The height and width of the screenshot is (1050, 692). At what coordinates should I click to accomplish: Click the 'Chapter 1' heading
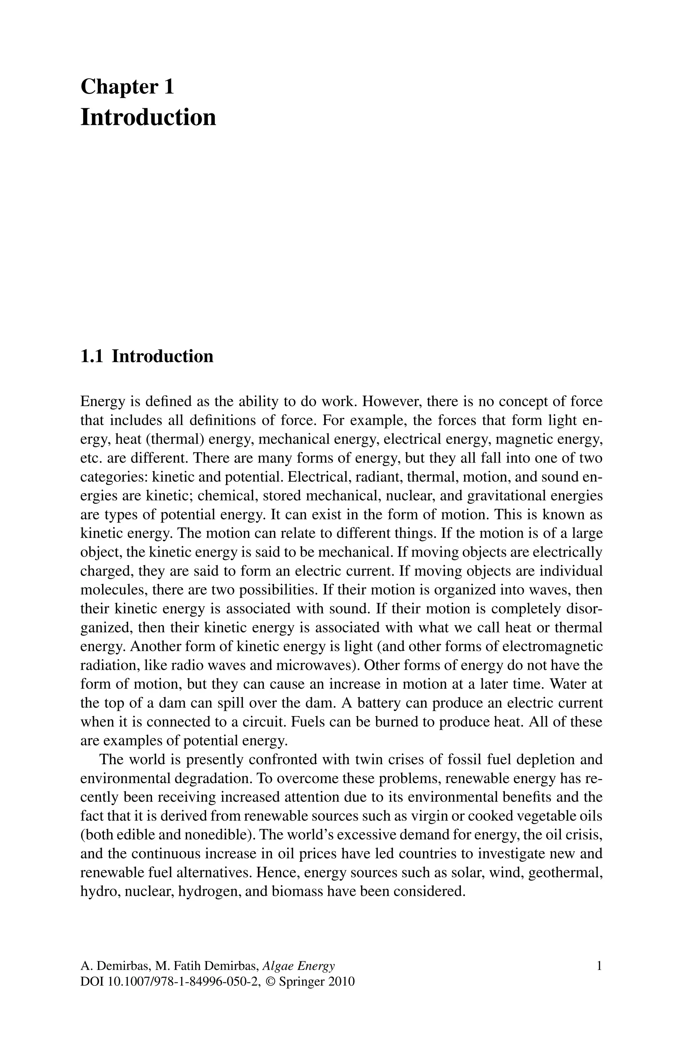tap(127, 87)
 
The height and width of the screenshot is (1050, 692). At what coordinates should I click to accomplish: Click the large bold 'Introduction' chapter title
tap(148, 117)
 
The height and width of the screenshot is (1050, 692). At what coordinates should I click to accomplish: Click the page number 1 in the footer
tap(599, 966)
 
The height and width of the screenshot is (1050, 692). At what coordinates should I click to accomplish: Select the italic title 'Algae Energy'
tap(298, 966)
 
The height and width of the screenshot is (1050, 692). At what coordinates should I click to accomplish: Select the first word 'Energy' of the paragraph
tap(102, 402)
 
